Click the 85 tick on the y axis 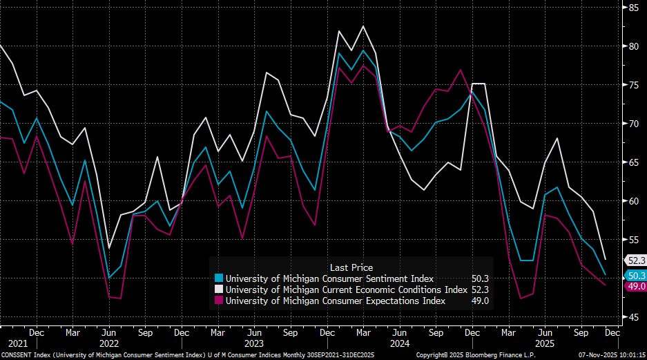coord(632,8)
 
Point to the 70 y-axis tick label coord(632,124)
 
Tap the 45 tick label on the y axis coord(632,317)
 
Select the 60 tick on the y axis coord(632,201)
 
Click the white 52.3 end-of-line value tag coord(635,260)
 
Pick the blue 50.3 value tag coord(635,275)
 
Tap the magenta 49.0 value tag coord(635,286)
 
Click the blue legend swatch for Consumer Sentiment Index coord(220,278)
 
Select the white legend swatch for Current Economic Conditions coord(220,290)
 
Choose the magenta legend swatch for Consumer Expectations coord(220,301)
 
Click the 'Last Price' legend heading coord(351,267)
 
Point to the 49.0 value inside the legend coord(479,301)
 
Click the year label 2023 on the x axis coord(253,343)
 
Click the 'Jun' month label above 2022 coord(108,332)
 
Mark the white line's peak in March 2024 coord(363,26)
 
